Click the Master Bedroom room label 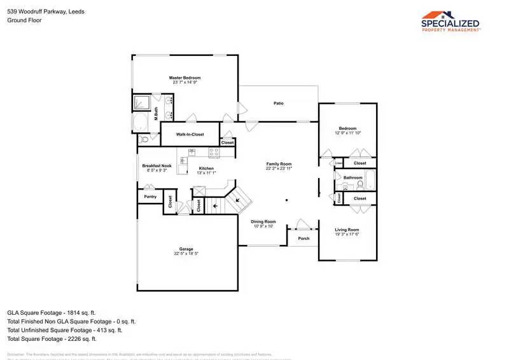click(x=185, y=78)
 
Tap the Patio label click(x=278, y=103)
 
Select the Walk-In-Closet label click(x=190, y=135)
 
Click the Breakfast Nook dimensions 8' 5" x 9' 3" click(x=157, y=170)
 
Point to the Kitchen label click(x=206, y=168)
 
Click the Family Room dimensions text click(x=279, y=169)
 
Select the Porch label click(x=303, y=239)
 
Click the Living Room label click(x=347, y=230)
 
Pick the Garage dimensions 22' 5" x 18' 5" click(x=186, y=254)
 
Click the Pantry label click(x=150, y=197)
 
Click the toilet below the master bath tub click(x=145, y=138)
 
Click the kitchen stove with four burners click(x=196, y=152)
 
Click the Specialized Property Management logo click(x=451, y=21)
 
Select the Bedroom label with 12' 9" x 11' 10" click(x=347, y=128)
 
